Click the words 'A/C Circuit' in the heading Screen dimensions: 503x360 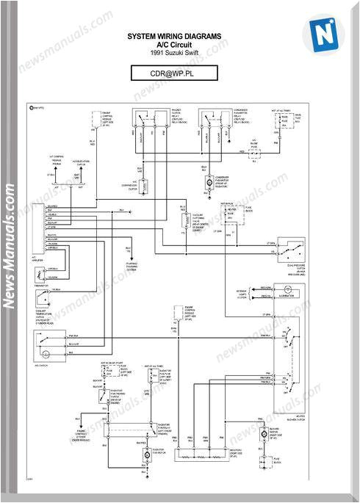coord(174,44)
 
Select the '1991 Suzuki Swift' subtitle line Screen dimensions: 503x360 coord(174,53)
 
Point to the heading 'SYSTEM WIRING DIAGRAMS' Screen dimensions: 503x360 coord(174,36)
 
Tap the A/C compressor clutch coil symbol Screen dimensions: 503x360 coord(144,184)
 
